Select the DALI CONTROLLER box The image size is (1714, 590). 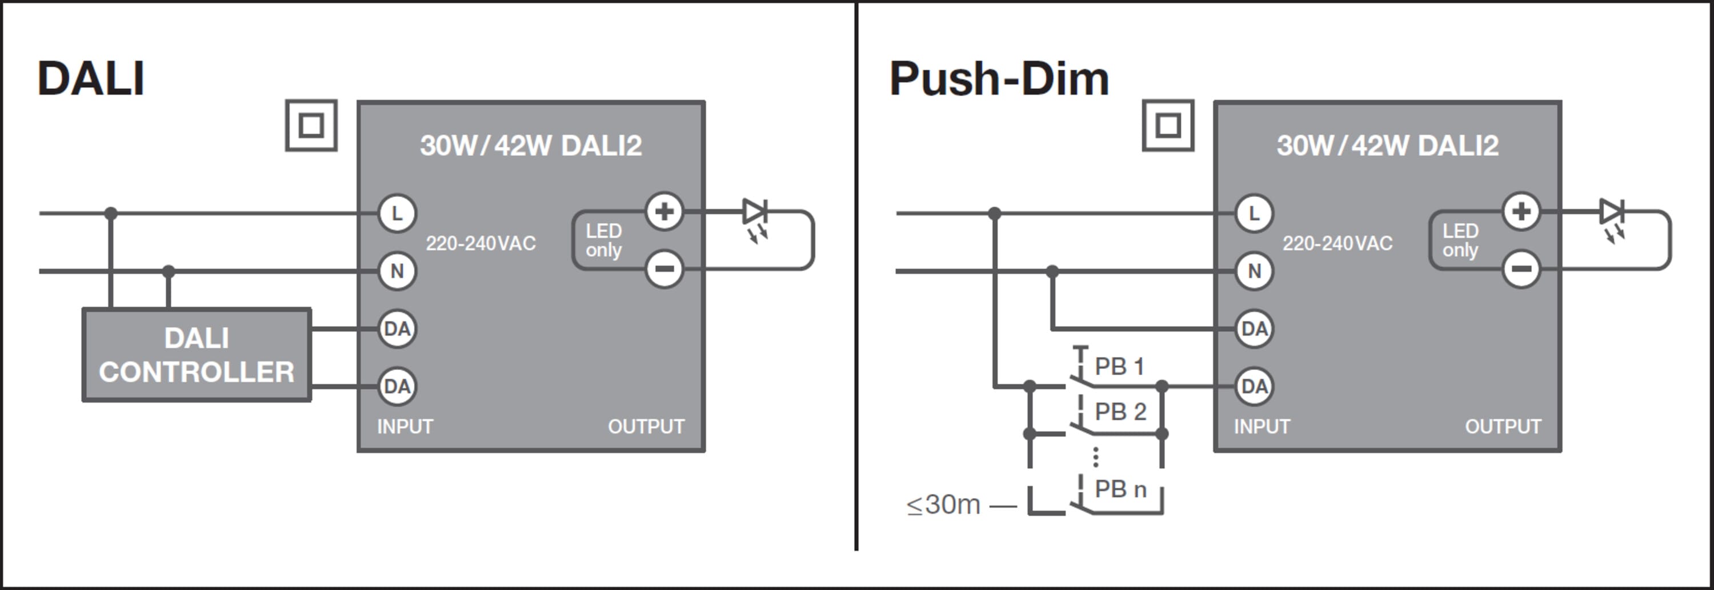coord(197,355)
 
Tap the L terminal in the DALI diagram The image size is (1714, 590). coord(397,214)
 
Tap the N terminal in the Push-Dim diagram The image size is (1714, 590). coord(1254,271)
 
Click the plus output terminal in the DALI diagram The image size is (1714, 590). coord(664,211)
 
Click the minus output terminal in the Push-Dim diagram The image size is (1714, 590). coord(1521,268)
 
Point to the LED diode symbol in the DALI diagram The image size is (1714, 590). coord(755,213)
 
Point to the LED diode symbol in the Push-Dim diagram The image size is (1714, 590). coord(1612,213)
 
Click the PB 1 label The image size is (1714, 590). coord(1119,367)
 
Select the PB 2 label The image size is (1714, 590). coord(1120,412)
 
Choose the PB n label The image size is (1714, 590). coord(1120,489)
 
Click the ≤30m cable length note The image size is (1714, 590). coord(943,505)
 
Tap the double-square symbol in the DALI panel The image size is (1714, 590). coord(311,125)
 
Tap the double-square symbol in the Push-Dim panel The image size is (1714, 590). coord(1168,125)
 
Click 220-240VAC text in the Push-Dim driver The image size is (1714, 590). coord(1337,243)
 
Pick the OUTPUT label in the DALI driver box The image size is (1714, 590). coord(646,427)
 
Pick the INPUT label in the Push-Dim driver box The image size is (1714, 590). coord(1262,427)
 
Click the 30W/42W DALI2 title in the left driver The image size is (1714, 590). coord(530,146)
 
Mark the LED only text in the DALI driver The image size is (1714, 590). coord(603,240)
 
